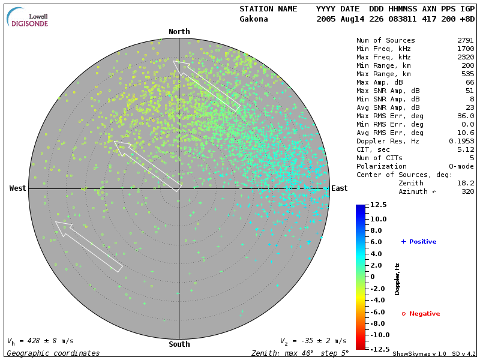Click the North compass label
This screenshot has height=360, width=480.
tap(179, 32)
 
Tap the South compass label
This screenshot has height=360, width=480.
tap(179, 344)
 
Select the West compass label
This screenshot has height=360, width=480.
tap(18, 188)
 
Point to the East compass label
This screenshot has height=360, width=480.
tap(340, 188)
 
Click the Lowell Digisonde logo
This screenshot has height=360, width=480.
tap(27, 17)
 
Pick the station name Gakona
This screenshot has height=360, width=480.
tap(254, 19)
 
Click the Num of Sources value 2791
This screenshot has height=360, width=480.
tap(465, 40)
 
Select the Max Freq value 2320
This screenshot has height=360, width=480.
tap(465, 57)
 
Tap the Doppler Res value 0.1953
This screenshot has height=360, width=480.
tap(462, 141)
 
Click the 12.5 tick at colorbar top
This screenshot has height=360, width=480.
tap(379, 205)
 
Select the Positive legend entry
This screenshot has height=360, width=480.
tap(419, 242)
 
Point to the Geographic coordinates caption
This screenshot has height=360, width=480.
tap(53, 353)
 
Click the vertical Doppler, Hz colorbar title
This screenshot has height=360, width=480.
tap(397, 279)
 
